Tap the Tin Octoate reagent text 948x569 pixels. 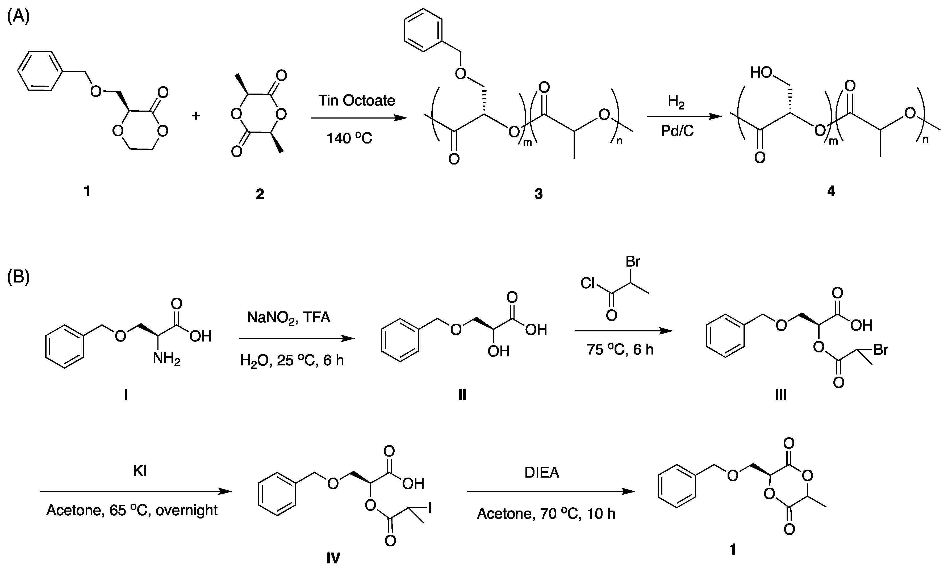point(356,101)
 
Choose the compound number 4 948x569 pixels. point(831,191)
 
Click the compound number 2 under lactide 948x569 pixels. point(260,194)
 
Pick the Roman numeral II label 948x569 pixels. point(462,395)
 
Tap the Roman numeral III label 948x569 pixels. point(780,395)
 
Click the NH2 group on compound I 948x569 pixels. point(166,359)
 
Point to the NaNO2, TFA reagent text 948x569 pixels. point(289,318)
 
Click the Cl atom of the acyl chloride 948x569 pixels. point(587,283)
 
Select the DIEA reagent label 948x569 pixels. point(542,473)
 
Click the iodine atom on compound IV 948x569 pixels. point(430,508)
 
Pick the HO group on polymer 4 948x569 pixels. point(761,72)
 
